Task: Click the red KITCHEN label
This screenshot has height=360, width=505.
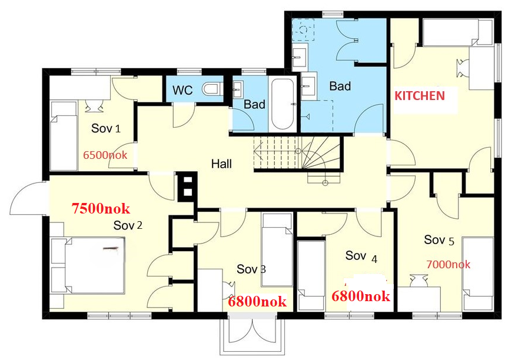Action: tap(419, 95)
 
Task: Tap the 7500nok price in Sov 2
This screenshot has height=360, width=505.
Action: tap(100, 208)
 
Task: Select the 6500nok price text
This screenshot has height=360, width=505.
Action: tap(105, 156)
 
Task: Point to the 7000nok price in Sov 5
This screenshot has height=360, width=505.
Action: tap(449, 264)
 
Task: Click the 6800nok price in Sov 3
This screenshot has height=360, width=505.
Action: tap(257, 302)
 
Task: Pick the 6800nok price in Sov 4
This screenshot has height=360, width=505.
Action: tap(361, 296)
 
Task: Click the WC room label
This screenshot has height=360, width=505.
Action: tap(182, 92)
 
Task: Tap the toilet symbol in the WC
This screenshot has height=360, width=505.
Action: tap(210, 90)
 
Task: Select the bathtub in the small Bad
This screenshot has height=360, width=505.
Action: tap(282, 104)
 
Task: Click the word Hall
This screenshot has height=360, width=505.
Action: tap(221, 164)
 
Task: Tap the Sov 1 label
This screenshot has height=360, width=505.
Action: tap(106, 128)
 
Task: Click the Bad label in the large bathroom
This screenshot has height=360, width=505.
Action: tap(340, 86)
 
